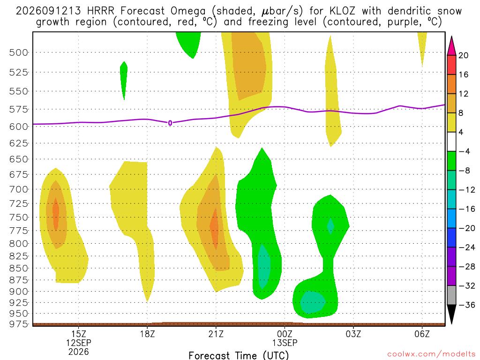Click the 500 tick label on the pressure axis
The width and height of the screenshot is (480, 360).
(18, 52)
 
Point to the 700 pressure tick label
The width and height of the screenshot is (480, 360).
(18, 189)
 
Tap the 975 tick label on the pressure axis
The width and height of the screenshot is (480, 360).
(18, 324)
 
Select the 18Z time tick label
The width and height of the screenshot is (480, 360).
(147, 334)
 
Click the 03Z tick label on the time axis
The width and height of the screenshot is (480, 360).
(353, 334)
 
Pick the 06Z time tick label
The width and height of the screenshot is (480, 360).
(422, 334)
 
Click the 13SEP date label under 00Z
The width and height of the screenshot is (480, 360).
(285, 343)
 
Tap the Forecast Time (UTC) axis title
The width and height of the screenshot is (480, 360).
(239, 355)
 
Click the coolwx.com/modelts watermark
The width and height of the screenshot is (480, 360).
(431, 354)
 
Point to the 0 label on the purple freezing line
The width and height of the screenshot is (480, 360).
(170, 123)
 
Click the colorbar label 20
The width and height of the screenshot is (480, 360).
(464, 55)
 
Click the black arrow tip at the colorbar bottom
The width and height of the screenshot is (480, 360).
(451, 323)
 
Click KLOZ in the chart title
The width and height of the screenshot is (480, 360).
(342, 11)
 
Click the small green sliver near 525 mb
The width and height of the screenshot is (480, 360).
(124, 80)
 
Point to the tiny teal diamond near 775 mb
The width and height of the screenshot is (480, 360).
(330, 226)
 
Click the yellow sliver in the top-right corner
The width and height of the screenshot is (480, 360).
(422, 46)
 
